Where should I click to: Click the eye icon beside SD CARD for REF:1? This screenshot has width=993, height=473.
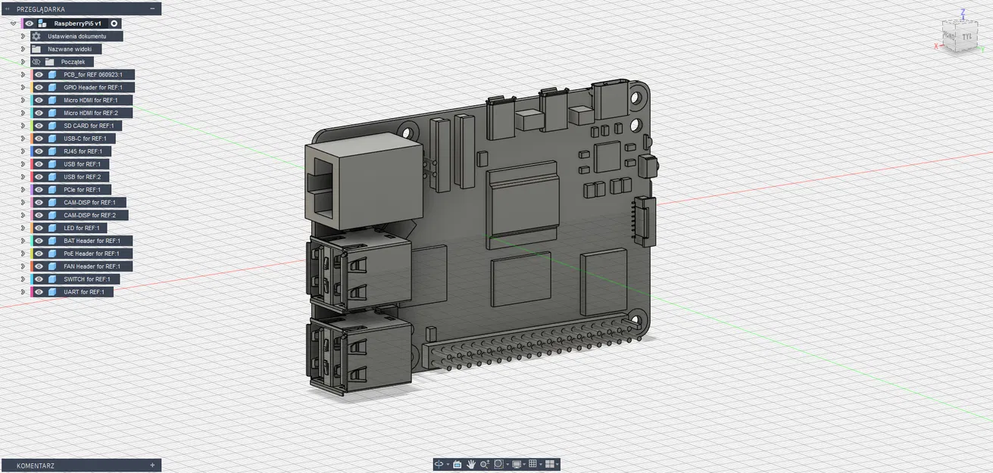(x=39, y=126)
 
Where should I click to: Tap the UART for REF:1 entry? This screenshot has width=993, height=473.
(x=83, y=291)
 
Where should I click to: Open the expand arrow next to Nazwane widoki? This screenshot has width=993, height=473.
(x=23, y=49)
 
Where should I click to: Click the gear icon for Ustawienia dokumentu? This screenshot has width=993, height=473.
(x=36, y=36)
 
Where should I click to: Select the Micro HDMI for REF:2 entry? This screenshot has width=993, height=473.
(x=91, y=113)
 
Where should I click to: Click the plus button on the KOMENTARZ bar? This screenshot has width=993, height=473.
(x=152, y=465)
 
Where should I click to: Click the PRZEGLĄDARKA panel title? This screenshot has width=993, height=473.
(x=41, y=9)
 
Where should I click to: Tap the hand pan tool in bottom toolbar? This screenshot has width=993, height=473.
(x=470, y=464)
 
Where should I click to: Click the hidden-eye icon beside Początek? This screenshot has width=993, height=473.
(x=36, y=62)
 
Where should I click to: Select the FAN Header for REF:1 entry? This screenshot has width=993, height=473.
(x=92, y=266)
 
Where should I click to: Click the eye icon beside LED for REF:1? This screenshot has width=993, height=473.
(x=39, y=228)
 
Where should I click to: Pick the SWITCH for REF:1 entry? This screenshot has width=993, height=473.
(x=86, y=279)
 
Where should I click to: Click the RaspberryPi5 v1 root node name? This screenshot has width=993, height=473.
(x=77, y=23)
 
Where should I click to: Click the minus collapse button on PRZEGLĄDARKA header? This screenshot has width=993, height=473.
(x=152, y=8)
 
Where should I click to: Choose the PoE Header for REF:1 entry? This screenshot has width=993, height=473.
(x=92, y=254)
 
